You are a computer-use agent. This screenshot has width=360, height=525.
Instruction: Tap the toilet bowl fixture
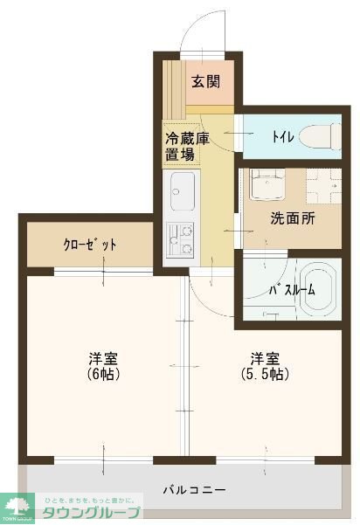point(315,137)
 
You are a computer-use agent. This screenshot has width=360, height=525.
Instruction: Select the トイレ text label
point(282,137)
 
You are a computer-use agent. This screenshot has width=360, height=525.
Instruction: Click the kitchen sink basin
point(183,192)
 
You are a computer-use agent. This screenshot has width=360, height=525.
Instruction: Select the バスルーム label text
point(286,289)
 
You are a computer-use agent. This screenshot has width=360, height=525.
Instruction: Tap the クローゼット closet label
point(90,245)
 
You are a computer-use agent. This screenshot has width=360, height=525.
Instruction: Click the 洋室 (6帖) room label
point(103,366)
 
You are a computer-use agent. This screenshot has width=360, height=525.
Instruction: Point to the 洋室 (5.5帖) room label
point(265,366)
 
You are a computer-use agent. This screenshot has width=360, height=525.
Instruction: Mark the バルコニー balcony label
point(195,489)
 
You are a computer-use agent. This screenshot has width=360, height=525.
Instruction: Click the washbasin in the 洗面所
point(263,185)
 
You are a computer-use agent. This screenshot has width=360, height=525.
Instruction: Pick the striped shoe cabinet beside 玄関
point(177,87)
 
